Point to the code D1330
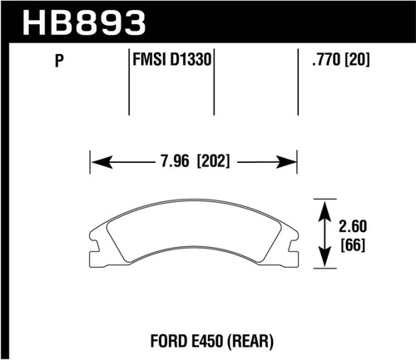point(188,61)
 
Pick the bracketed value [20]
point(354,61)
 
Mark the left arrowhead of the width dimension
point(96,159)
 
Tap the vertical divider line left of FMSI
point(129,83)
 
